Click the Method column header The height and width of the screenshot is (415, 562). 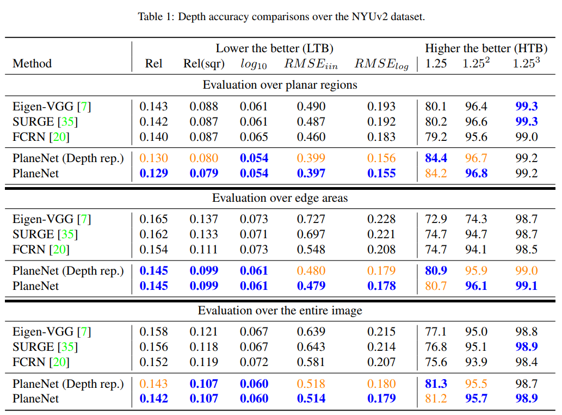32,64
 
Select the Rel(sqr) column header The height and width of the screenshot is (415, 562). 204,64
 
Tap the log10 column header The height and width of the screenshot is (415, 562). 254,64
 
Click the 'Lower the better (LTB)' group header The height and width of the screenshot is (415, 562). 274,48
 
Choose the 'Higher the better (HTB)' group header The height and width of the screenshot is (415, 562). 486,48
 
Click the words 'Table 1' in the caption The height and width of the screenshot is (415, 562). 155,16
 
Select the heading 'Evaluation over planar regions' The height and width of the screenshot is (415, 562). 280,85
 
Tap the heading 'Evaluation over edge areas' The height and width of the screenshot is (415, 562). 280,198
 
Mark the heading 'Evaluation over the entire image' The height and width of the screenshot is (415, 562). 280,311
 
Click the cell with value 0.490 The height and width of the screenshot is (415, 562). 311,107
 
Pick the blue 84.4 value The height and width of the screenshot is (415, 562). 436,158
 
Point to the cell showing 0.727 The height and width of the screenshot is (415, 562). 311,219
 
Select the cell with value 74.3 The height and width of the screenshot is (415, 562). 476,219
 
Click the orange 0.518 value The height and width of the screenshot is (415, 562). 311,384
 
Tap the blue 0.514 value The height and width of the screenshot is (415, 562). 311,399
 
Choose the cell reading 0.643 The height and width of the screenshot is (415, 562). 311,347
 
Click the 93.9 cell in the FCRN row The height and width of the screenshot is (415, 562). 476,362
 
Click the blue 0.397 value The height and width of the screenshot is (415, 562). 311,174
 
